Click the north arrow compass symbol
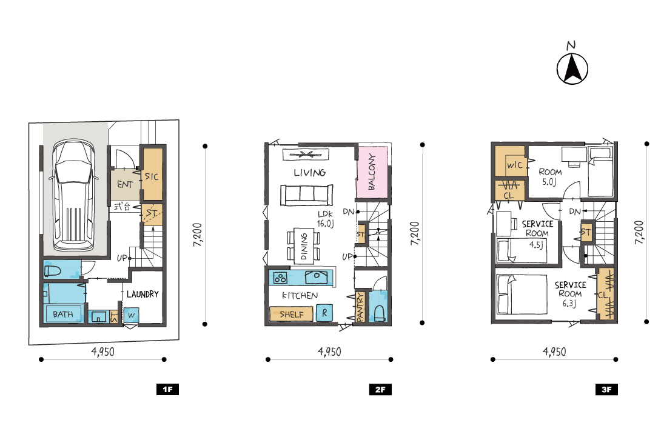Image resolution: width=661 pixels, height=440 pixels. tap(572, 68)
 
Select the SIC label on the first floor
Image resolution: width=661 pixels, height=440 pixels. tap(152, 176)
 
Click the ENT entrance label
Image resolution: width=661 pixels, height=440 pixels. tap(125, 184)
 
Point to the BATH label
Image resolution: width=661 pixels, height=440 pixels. tap(63, 314)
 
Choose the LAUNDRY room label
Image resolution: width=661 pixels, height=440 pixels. tap(143, 294)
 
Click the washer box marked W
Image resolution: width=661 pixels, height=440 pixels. tap(131, 315)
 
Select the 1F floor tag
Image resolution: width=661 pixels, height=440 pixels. tap(167, 389)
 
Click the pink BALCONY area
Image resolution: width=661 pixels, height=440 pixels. tap(372, 172)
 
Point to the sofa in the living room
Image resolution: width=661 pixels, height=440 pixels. tap(307, 195)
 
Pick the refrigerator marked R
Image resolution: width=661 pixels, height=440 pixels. tap(324, 313)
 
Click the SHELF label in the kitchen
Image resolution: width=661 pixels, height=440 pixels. tap(291, 314)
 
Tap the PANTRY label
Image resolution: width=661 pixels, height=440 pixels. tap(360, 308)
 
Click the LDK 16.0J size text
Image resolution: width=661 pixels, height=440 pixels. tap(326, 219)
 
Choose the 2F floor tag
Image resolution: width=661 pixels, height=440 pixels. tap(380, 389)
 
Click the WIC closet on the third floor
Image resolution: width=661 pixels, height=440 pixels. tap(509, 161)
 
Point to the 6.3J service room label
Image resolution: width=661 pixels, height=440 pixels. tap(569, 303)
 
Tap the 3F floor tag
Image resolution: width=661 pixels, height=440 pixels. tap(606, 389)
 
